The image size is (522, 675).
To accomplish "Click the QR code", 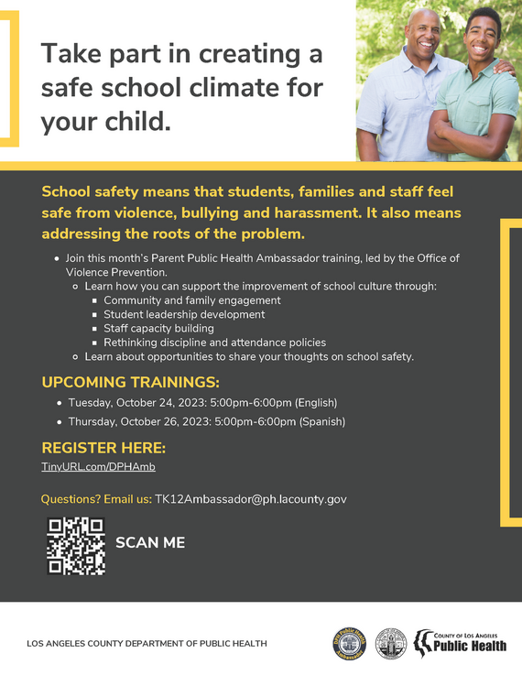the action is coord(76,546).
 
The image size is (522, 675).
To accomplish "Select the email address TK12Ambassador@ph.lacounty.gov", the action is coord(251,499).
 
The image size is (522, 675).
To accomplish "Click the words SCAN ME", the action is coord(150,542).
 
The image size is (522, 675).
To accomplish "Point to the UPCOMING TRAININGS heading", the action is coord(131,382).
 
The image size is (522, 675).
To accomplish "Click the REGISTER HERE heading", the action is coord(103,448).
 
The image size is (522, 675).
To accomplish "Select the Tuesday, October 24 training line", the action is coord(202,402).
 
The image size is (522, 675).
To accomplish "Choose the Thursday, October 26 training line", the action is coord(206,422).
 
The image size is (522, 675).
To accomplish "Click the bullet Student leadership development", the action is coord(184,314).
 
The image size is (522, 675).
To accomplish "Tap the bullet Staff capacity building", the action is coord(158,328).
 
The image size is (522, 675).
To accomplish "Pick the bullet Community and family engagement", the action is coord(191,300).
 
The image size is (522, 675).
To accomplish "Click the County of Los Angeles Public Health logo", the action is coord(461,641).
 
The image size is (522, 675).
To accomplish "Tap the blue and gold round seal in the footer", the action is coord(349,643).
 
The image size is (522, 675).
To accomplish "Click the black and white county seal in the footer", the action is coord(391,643).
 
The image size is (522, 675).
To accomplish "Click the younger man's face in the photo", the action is coord(482,34).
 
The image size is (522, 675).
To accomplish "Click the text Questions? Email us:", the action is coord(96,499).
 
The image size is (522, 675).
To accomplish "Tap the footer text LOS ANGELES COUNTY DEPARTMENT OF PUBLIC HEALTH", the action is coord(147,643).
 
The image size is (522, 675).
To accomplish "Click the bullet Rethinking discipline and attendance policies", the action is coord(214,343).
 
